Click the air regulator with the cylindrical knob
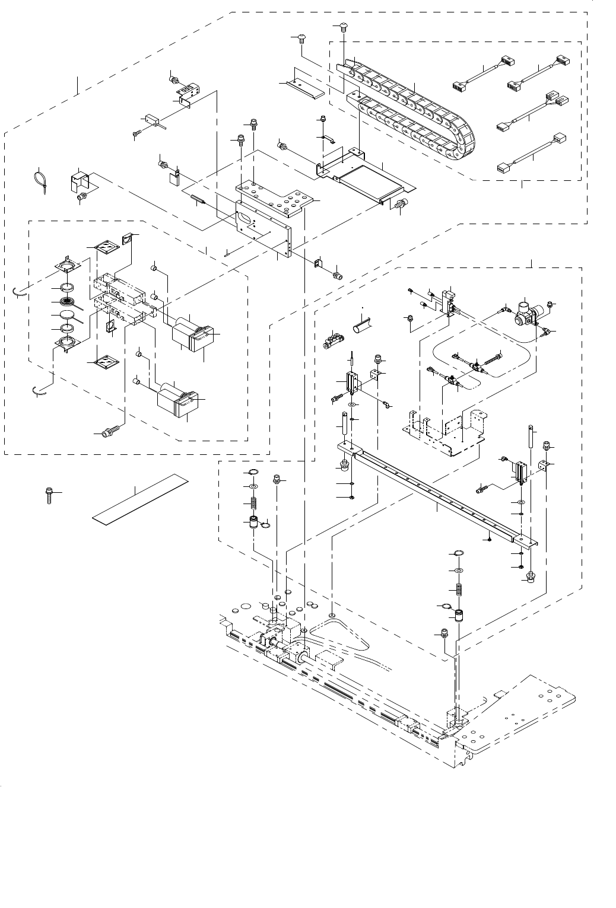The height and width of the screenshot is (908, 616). [523, 311]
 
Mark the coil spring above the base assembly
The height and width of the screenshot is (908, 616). [458, 590]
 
